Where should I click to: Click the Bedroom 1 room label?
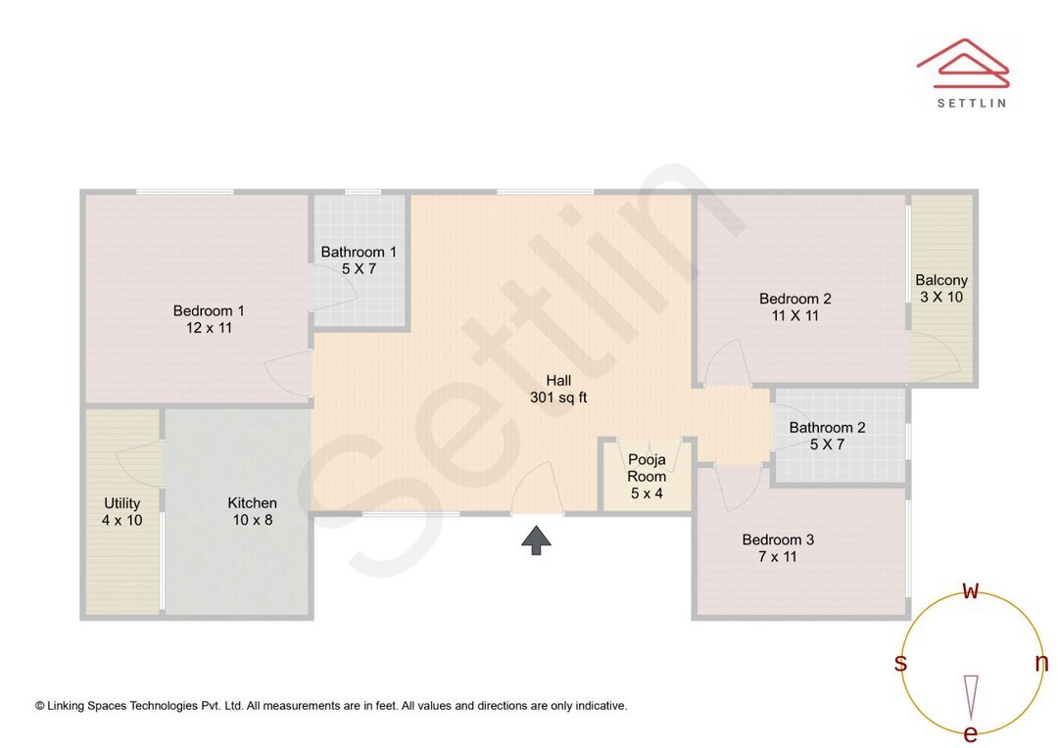[209, 319]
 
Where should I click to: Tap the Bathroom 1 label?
[359, 260]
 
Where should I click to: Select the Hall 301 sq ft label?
[558, 389]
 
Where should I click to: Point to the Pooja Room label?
[647, 476]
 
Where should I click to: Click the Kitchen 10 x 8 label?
[253, 511]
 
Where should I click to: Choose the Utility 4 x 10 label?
[121, 511]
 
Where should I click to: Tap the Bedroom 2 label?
[795, 306]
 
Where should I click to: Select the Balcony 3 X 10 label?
[941, 288]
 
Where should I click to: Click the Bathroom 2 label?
[828, 436]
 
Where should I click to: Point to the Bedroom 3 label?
[778, 547]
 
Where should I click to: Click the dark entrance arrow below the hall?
[536, 539]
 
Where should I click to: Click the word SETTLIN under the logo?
[971, 103]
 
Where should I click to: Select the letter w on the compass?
[971, 590]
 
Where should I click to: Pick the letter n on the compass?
[1041, 663]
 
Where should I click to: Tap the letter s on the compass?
[900, 663]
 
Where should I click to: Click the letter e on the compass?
[971, 734]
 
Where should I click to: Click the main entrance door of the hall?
[537, 494]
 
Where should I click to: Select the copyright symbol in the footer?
[40, 706]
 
